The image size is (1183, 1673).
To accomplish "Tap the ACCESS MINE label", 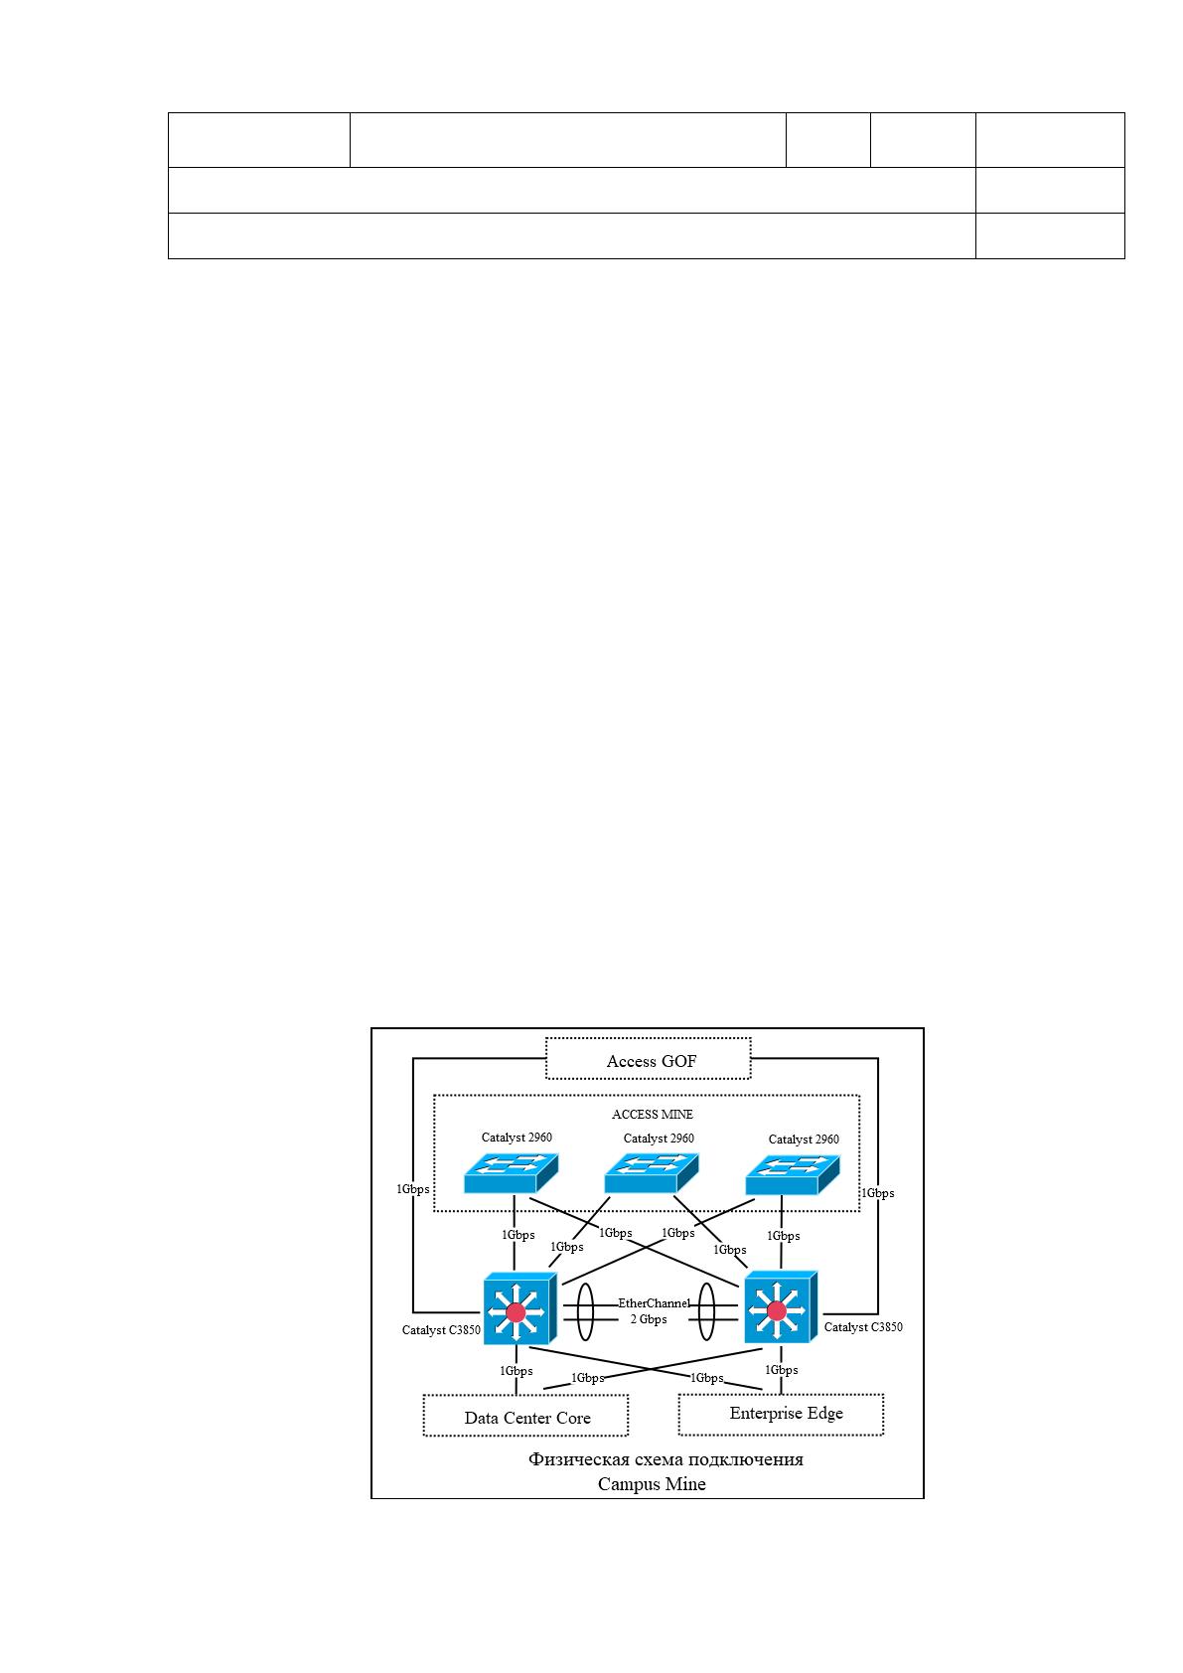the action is pos(652,1115).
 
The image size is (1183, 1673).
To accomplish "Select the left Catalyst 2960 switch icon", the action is pos(511,1173).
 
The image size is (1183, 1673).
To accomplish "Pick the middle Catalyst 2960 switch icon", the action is pos(652,1173).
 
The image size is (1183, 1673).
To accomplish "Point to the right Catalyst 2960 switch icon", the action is pos(793,1174).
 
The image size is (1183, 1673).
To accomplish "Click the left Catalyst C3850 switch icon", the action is pos(519,1307).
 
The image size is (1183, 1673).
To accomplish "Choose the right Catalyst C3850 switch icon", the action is pos(781,1306).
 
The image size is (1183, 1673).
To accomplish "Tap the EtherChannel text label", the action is pos(654,1303).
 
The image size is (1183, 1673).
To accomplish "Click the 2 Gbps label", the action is pos(649,1319).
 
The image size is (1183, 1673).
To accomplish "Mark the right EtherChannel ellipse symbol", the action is pos(706,1311).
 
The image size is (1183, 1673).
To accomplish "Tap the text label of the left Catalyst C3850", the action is pos(441,1329).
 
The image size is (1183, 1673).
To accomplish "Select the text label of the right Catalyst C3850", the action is pos(863,1326).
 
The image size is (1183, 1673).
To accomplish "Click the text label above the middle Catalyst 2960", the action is pos(659,1139).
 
